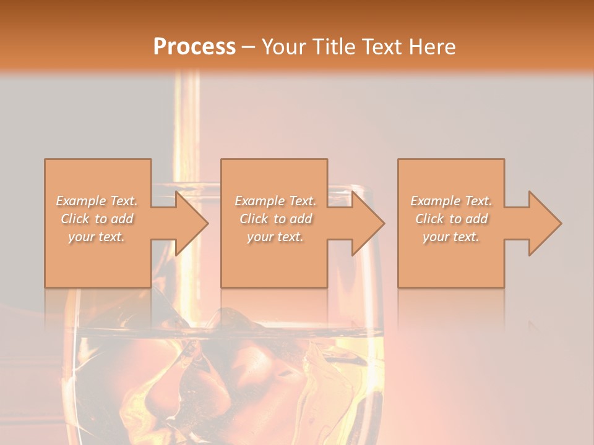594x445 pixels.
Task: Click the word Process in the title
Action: point(194,46)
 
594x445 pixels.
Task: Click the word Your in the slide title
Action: point(284,46)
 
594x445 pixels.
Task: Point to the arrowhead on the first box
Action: point(192,223)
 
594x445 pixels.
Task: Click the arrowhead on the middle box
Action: point(368,223)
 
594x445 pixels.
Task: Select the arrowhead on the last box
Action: point(545,223)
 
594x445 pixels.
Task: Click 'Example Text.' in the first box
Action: point(97,201)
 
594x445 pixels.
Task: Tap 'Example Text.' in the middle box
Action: point(275,201)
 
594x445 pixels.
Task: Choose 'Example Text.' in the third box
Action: point(452,201)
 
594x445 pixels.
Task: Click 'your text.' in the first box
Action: point(97,237)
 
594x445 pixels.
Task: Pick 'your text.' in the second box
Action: point(275,237)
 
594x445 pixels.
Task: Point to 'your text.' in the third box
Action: point(452,237)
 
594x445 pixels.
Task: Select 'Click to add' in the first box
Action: point(97,219)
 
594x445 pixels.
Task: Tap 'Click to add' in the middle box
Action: point(275,219)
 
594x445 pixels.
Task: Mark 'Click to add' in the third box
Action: point(452,219)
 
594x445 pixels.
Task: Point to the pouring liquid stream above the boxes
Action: point(187,117)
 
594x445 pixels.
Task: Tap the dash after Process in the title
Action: point(249,46)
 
